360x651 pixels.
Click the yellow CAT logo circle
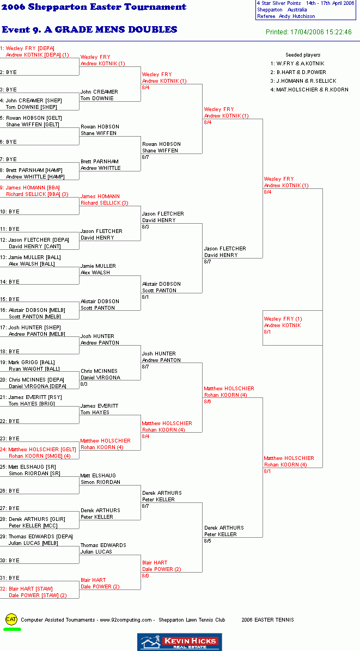(x=11, y=619)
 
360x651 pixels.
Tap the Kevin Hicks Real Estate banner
(x=180, y=642)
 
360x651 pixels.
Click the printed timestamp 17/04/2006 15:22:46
(x=324, y=32)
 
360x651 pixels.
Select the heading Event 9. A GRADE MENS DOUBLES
(x=89, y=30)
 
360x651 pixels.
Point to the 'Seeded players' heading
(x=303, y=55)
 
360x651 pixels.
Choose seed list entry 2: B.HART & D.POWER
(x=298, y=72)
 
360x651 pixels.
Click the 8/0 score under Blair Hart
(x=146, y=575)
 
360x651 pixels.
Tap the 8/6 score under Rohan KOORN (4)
(x=208, y=402)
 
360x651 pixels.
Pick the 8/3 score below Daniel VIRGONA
(x=84, y=384)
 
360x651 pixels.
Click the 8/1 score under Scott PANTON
(x=146, y=297)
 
